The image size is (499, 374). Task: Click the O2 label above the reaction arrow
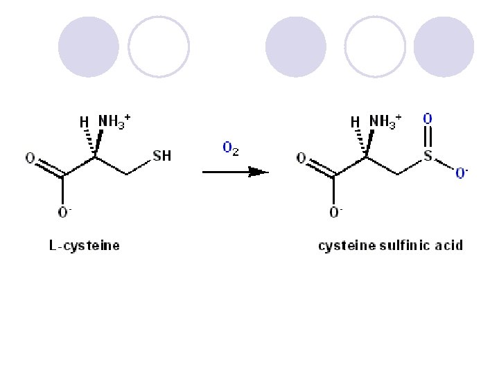pos(231,149)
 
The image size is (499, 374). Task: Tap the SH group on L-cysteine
pos(161,156)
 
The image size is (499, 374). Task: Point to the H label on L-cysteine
pos(83,122)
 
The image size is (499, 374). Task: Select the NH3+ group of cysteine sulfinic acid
pos(385,121)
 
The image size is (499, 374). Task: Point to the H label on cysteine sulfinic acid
pos(355,122)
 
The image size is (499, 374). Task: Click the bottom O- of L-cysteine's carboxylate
pos(64,213)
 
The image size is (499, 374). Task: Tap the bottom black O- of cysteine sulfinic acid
pos(335,213)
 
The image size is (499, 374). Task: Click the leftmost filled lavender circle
pos(89,47)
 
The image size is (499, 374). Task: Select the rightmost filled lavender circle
pos(444,47)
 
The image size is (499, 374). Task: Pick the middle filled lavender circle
pos(296,47)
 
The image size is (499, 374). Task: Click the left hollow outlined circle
pos(159,47)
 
